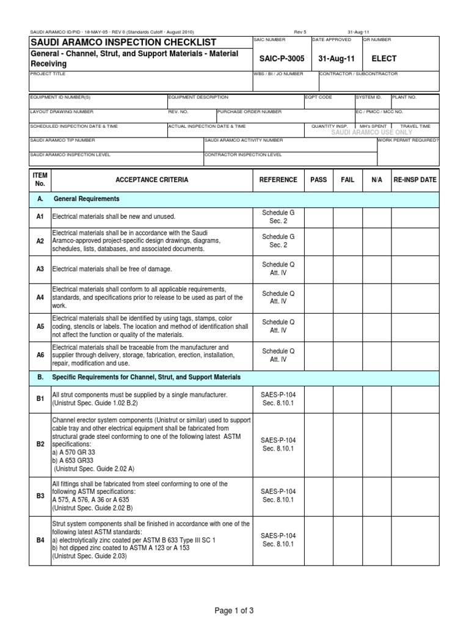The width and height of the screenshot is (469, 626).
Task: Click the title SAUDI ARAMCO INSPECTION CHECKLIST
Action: click(123, 42)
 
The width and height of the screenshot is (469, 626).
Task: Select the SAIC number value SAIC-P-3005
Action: click(278, 59)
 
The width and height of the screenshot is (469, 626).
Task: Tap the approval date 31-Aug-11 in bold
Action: click(332, 59)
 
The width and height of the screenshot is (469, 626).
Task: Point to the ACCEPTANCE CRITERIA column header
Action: click(152, 180)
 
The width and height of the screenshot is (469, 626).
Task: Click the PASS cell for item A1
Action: click(318, 217)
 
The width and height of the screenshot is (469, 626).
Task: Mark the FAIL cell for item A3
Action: click(347, 269)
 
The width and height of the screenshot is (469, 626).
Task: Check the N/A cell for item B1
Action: click(377, 399)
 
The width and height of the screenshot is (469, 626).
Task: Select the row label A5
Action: click(40, 326)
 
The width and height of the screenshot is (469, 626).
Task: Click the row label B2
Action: click(40, 444)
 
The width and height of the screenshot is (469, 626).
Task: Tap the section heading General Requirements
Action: click(87, 199)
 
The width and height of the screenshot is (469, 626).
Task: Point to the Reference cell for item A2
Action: click(278, 241)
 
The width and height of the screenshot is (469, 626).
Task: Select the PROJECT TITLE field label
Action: click(48, 74)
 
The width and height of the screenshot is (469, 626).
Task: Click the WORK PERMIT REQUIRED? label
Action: click(408, 140)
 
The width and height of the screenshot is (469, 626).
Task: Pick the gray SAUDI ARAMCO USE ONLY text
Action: click(371, 132)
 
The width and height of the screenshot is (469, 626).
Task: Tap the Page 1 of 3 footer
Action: click(234, 610)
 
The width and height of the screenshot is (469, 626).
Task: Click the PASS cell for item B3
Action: click(318, 496)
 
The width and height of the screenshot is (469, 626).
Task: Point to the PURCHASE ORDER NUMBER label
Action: click(250, 112)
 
